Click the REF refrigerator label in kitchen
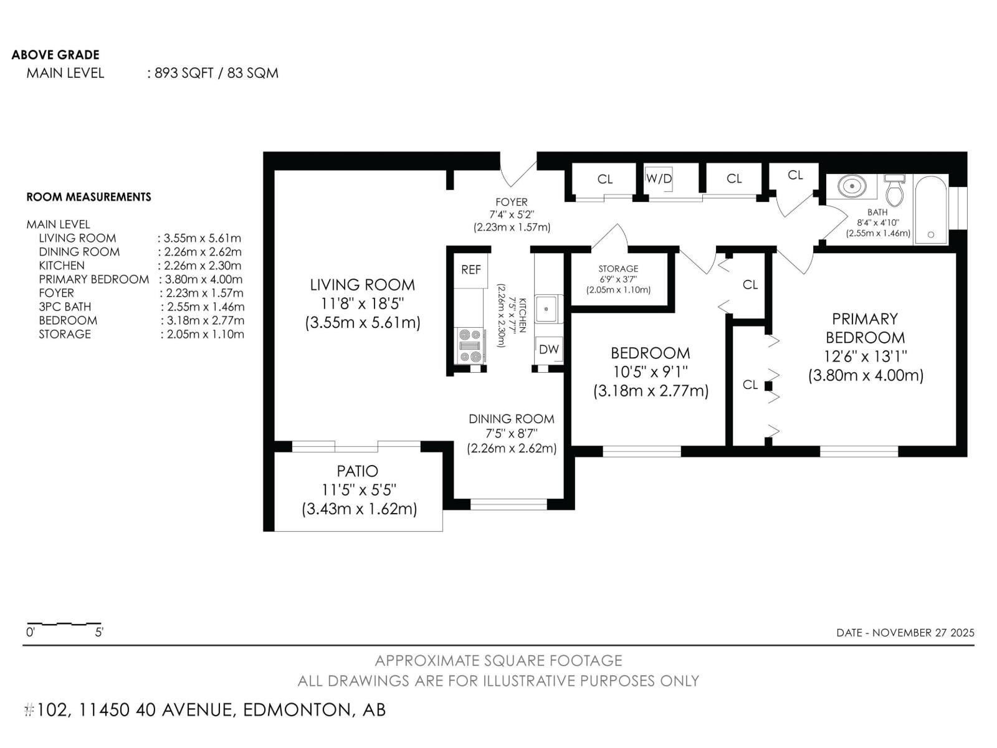(471, 270)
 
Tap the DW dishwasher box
(549, 350)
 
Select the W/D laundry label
(659, 179)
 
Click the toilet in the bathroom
(895, 191)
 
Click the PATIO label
(358, 471)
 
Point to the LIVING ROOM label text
(362, 285)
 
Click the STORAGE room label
(618, 269)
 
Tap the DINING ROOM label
(511, 419)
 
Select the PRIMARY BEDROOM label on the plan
(865, 328)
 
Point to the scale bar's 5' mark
(99, 631)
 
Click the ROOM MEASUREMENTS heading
(88, 197)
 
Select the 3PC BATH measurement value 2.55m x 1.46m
(203, 307)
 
